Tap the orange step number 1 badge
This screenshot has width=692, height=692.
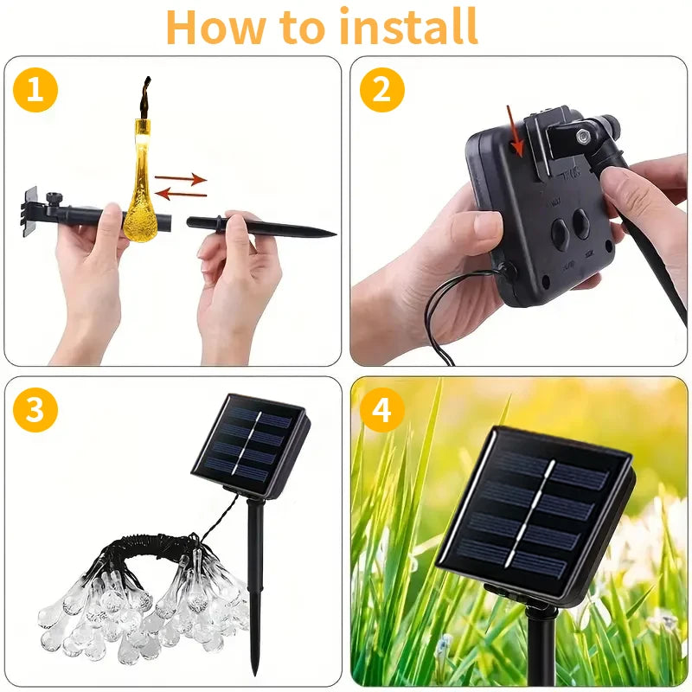(x=35, y=90)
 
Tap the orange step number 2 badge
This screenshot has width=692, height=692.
(x=381, y=90)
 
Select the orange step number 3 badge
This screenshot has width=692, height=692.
(x=35, y=410)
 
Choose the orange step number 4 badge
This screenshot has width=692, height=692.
(x=381, y=410)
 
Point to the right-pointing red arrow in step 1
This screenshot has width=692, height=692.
(x=181, y=179)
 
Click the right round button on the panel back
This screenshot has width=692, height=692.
(x=581, y=223)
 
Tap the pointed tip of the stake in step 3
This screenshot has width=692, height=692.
(x=254, y=670)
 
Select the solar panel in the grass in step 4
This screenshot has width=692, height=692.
(x=535, y=515)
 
